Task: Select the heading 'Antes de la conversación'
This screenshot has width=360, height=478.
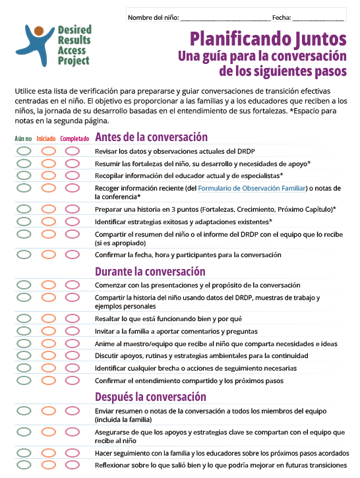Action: coord(152,138)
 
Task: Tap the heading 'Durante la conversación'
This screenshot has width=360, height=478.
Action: coord(150,271)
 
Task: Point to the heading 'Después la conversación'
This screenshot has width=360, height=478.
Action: coord(151,397)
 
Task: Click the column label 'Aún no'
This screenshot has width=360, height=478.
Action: coord(23,139)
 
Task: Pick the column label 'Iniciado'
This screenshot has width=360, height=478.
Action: coord(46,139)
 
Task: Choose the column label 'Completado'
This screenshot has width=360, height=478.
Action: coord(75,139)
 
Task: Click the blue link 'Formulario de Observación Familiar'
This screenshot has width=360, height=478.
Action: coord(253,188)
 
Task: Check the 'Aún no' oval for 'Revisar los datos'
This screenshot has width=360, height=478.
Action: coord(24,151)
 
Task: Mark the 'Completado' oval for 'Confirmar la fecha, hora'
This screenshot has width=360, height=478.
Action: coord(73,254)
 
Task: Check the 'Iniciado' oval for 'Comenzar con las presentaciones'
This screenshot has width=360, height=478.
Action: coord(48,285)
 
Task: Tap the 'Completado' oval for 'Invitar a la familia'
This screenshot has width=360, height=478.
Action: coord(73,331)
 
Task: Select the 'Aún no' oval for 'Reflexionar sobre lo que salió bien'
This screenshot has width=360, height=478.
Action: coord(24,465)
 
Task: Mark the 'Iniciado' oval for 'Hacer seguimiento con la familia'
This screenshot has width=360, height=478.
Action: coord(48,454)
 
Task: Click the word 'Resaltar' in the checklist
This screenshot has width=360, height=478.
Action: coord(107,318)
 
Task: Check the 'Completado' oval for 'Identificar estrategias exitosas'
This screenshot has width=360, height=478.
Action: coord(73,222)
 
